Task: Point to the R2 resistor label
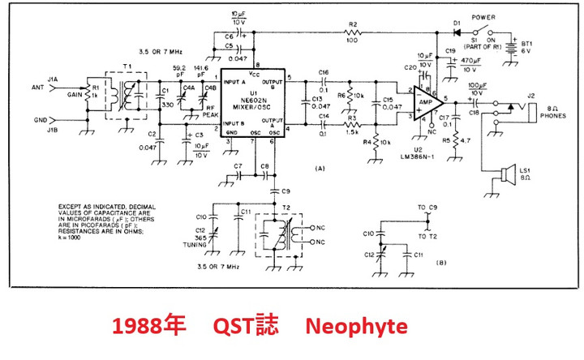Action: (353, 24)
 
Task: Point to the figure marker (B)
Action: (440, 263)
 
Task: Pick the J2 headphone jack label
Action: (531, 96)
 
